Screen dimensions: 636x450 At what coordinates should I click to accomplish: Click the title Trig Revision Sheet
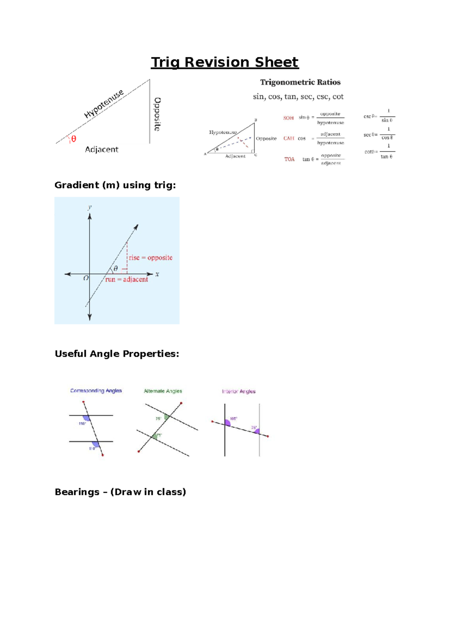[225, 62]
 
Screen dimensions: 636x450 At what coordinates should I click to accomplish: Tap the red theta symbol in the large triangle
[73, 139]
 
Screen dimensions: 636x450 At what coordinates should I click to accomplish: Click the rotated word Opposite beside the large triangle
[157, 114]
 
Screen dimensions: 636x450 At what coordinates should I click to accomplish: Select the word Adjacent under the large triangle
[101, 150]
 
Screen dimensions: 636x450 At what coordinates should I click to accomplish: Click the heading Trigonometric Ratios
[300, 82]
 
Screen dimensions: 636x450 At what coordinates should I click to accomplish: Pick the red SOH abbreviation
[288, 118]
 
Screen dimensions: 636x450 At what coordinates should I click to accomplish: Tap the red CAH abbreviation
[289, 138]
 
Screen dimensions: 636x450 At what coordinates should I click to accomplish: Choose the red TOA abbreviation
[289, 159]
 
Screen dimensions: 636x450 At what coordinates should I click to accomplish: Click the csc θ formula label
[370, 116]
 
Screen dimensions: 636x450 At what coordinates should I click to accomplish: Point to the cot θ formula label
[371, 152]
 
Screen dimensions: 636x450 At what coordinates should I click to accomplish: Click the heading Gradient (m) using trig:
[115, 185]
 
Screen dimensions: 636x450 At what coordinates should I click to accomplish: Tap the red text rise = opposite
[150, 258]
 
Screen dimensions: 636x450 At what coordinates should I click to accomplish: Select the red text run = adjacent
[126, 279]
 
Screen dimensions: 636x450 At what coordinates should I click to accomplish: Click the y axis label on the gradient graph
[90, 207]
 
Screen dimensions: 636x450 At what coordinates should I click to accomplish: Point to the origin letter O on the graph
[86, 278]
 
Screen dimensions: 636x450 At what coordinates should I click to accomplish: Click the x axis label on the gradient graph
[157, 274]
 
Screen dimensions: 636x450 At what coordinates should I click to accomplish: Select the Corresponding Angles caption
[96, 391]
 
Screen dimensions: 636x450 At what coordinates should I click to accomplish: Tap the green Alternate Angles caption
[163, 391]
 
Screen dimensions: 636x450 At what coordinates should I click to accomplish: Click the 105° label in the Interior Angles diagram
[233, 418]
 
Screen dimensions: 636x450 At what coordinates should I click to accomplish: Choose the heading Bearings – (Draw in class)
[120, 492]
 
